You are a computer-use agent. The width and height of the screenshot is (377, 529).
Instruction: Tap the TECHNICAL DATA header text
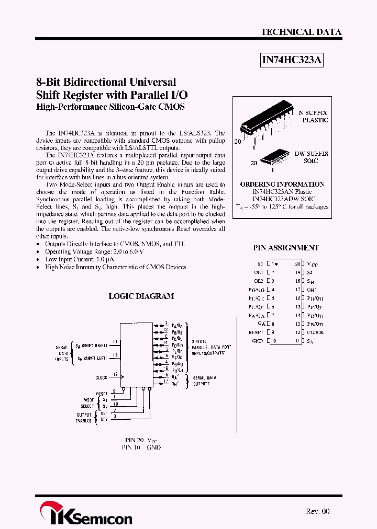point(301,32)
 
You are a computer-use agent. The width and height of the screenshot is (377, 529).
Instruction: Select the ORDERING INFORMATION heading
point(282,184)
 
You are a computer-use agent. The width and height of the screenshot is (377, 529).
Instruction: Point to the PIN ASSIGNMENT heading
point(285,248)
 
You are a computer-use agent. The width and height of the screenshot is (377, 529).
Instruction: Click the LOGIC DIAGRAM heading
point(141,296)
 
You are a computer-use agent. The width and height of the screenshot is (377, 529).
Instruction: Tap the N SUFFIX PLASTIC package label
point(313,116)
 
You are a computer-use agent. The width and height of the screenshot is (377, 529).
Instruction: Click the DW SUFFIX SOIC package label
point(311,157)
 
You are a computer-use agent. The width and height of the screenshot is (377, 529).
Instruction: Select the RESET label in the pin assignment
point(256,332)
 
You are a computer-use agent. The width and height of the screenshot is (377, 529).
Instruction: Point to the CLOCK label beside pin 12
point(315,332)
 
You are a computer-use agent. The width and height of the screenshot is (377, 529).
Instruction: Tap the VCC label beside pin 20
point(312,265)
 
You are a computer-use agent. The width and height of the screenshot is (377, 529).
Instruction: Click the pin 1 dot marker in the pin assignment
point(276,264)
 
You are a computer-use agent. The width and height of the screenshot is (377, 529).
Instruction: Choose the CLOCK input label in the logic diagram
point(101,377)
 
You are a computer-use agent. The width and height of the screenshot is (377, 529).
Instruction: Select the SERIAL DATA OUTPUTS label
point(202,381)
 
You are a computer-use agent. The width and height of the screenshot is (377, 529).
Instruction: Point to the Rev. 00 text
point(317,511)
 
